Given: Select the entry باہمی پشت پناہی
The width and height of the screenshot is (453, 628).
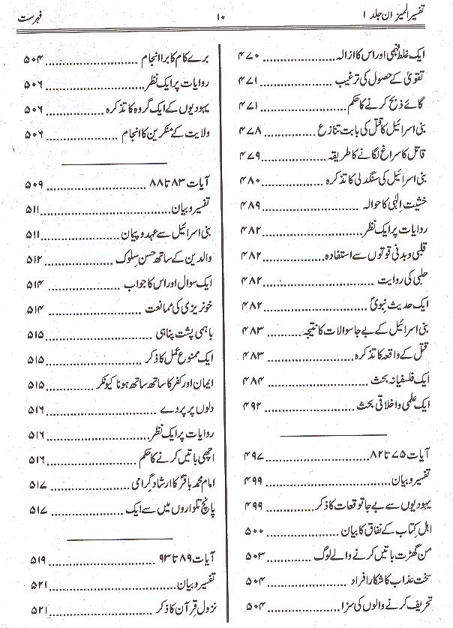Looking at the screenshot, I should point(178,334).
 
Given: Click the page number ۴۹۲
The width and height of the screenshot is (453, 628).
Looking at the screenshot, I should point(250,405).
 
